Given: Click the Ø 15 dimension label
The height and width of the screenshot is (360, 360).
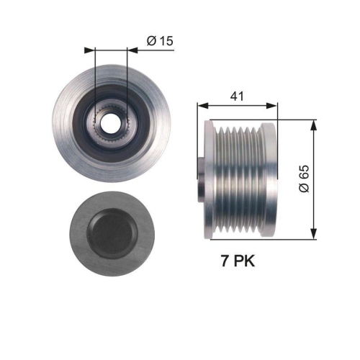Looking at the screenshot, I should click(160, 41).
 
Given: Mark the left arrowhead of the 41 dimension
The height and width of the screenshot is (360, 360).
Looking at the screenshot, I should click(201, 106).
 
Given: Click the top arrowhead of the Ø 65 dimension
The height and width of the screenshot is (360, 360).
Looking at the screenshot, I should click(313, 124).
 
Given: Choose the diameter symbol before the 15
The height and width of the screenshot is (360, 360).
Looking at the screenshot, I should click(151, 41).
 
